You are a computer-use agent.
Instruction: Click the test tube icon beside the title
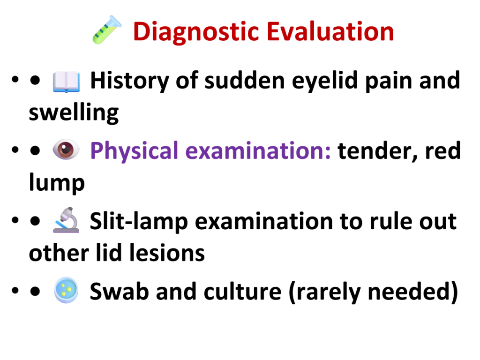pos(107,30)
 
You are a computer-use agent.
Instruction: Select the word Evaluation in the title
pos(330,31)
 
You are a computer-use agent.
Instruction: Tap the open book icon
pos(67,82)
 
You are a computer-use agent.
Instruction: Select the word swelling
pos(74,113)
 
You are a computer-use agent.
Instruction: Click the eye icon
pos(66,150)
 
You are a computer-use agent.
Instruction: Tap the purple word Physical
pos(134,151)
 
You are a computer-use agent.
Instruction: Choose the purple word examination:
pos(258,150)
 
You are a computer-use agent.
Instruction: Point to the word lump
pos(57,183)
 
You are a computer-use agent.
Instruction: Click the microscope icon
pos(66,220)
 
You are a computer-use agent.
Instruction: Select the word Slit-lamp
pos(139,221)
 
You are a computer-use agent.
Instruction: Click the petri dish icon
pos(66,290)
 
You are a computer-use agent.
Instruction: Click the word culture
pos(242,291)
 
